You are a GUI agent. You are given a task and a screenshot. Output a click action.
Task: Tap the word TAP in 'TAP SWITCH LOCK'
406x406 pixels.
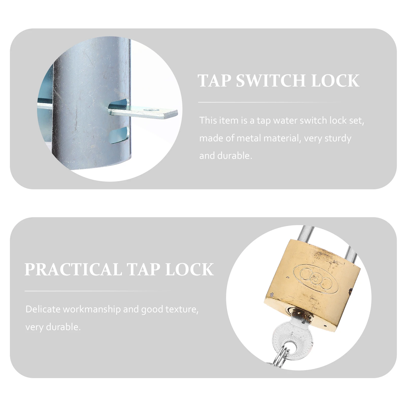(x=214, y=81)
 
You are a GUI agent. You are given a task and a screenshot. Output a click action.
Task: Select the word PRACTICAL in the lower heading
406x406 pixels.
(x=73, y=269)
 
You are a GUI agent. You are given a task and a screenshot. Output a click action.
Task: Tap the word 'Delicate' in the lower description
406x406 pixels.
(x=43, y=309)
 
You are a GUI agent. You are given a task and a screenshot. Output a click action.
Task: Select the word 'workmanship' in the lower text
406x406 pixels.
(x=92, y=310)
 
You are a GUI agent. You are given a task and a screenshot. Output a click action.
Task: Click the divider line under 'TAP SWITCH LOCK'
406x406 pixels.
(x=269, y=102)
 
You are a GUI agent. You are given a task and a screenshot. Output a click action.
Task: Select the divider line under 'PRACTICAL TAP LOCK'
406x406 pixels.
(x=98, y=291)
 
